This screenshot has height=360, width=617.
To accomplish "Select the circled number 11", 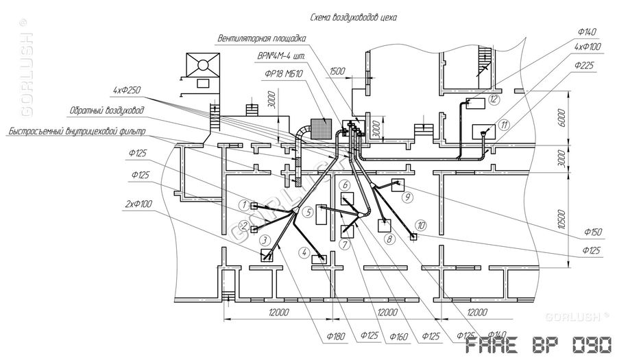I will point(505,125).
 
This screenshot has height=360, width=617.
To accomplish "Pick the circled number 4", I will point(303,252).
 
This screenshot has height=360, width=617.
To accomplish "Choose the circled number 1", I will point(243,205).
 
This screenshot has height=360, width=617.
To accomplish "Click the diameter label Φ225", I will point(586,66).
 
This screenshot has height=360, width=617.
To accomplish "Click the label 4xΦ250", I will point(128,90).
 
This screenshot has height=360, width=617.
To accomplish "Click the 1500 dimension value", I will point(337,71).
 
